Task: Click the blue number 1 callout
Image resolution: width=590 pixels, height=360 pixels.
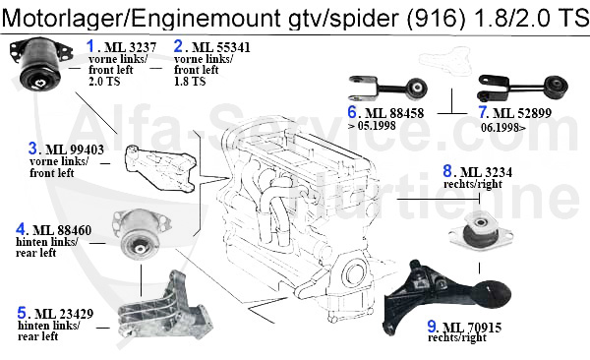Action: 90,46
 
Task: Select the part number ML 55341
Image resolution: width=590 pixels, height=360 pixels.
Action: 221,47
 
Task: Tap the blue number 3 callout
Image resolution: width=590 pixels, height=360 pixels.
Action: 32,149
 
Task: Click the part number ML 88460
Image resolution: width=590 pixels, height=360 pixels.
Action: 62,230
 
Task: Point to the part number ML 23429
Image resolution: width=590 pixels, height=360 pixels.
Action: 64,314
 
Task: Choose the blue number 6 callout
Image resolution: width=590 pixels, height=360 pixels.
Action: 352,112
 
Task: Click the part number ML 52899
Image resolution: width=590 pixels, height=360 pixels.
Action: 522,113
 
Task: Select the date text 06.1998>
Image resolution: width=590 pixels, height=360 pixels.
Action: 503,128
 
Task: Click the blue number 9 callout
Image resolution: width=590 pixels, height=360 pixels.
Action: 432,327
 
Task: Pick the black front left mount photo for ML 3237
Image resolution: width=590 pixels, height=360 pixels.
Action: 40,63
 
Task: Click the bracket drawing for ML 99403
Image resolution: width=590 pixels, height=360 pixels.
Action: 160,167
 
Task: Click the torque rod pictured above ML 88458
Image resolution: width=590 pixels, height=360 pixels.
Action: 388,89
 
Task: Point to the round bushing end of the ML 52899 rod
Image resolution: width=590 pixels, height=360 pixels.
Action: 557,88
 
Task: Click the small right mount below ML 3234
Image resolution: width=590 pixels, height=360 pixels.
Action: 481,230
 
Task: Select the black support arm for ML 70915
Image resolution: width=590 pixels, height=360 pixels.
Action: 444,296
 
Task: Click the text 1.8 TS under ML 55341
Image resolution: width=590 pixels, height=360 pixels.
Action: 190,82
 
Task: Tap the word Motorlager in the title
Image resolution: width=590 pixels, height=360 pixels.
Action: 64,18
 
